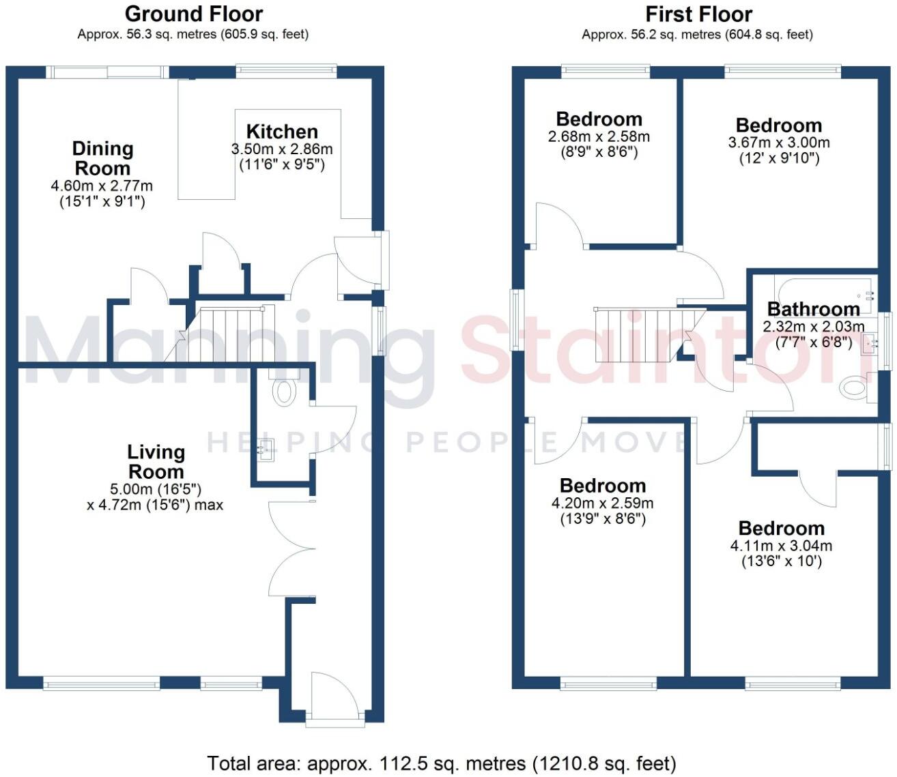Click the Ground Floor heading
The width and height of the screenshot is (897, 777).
(x=194, y=14)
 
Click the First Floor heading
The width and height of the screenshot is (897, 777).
(x=698, y=14)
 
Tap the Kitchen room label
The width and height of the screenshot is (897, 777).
(x=282, y=132)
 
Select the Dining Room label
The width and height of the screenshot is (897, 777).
(x=103, y=158)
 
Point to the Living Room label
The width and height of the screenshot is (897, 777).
(x=156, y=461)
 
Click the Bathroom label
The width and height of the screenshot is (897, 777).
(x=814, y=309)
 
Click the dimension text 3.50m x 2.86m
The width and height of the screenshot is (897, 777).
(x=282, y=149)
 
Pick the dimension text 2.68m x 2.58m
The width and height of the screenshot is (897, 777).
(x=599, y=136)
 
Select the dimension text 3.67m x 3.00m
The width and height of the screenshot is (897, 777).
(x=779, y=143)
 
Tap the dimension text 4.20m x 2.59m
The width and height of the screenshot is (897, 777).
(x=602, y=503)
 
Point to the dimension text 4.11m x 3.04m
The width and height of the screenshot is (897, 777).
(x=781, y=546)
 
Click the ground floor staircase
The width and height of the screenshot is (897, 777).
(x=219, y=334)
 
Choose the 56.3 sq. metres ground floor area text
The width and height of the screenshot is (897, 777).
(x=171, y=34)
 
